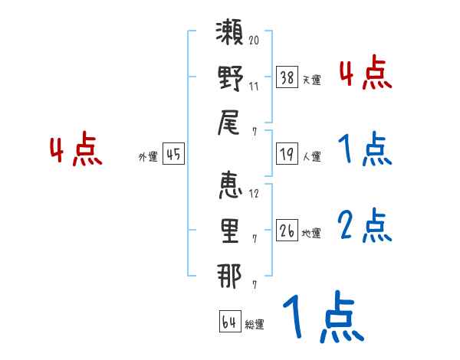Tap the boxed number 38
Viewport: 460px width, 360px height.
287,77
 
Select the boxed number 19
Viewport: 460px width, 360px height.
287,154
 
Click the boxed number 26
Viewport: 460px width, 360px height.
287,230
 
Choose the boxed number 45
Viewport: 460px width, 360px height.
173,154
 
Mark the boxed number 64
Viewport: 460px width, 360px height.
228,322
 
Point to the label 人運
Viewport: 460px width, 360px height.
312,156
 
